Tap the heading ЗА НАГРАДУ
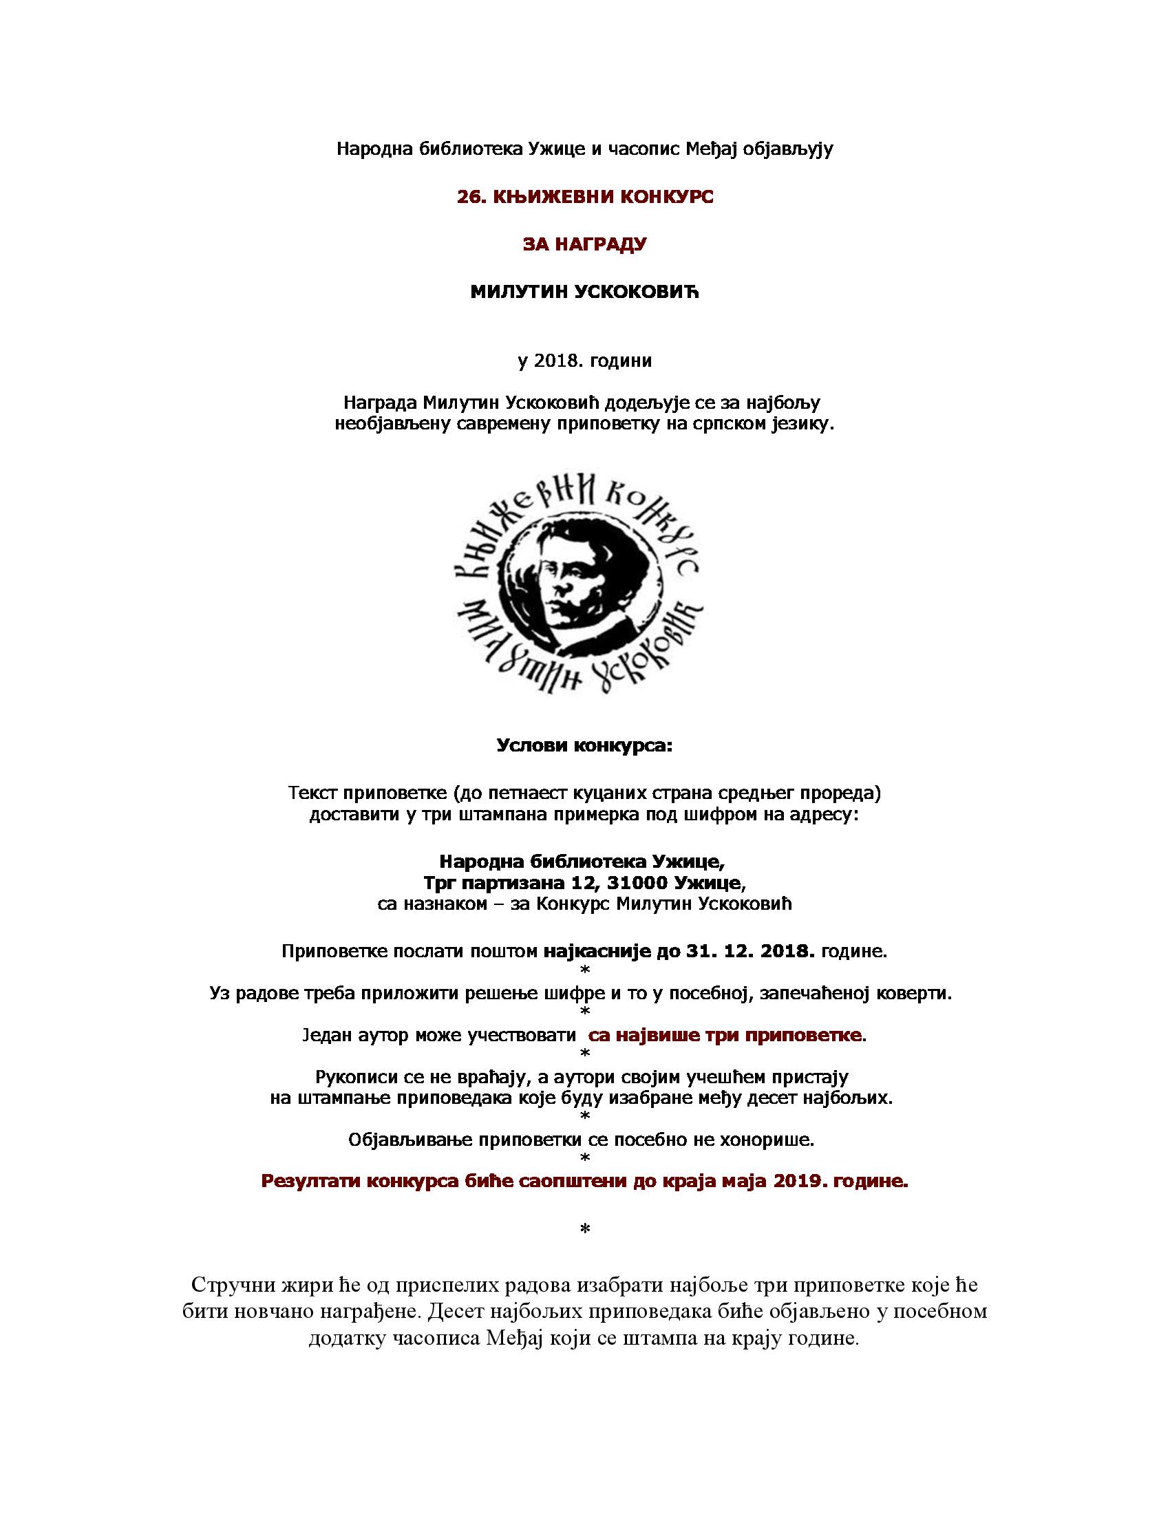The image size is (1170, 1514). [x=584, y=244]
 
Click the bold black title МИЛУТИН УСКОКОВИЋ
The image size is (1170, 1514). [x=584, y=292]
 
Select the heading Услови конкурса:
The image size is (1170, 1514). [x=584, y=746]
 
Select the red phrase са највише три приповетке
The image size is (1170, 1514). [x=725, y=1036]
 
